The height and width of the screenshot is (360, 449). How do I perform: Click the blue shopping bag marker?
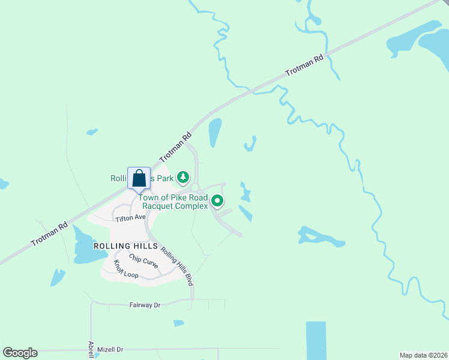click(x=139, y=179)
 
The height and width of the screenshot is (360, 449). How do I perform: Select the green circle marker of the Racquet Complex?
click(x=217, y=202)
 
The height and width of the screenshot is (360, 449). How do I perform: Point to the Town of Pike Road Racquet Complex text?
click(x=173, y=202)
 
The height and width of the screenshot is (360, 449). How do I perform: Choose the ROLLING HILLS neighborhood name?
click(x=125, y=246)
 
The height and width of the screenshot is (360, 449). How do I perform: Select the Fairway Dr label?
click(x=145, y=305)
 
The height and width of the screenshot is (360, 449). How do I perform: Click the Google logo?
click(x=20, y=353)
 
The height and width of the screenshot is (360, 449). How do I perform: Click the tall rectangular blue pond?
click(x=316, y=340)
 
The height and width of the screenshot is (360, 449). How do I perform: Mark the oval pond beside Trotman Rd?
click(x=214, y=132)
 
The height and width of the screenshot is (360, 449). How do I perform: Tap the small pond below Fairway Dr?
click(x=178, y=323)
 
